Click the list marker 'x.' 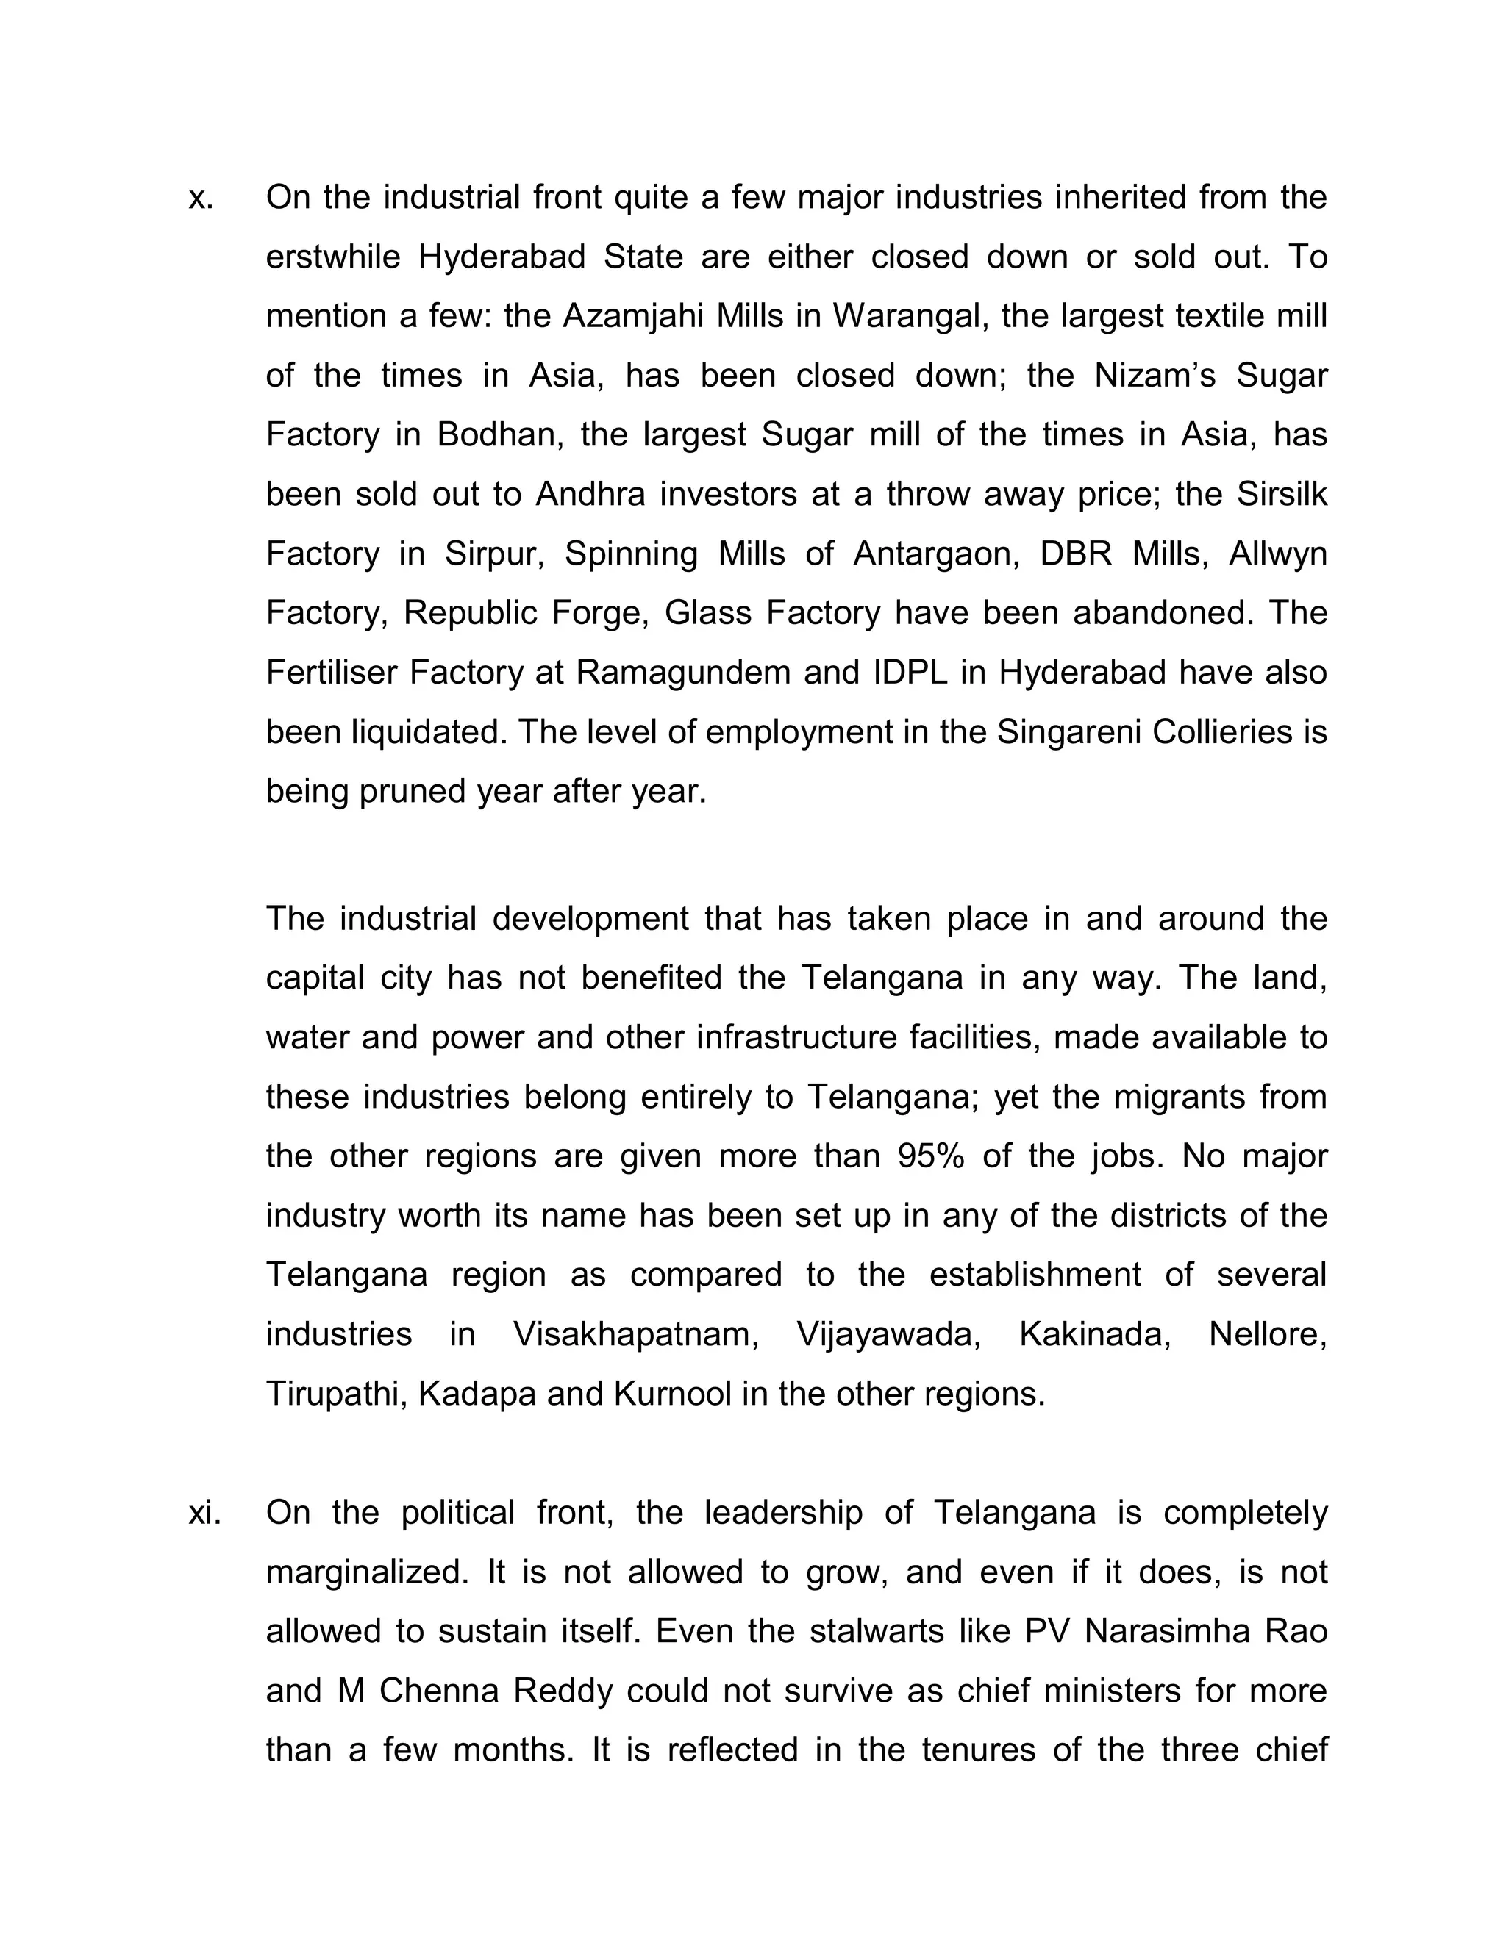(x=201, y=198)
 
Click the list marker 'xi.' (x=204, y=1513)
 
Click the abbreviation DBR (x=1075, y=554)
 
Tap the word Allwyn (x=1277, y=554)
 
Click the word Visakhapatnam (x=635, y=1335)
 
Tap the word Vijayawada (x=888, y=1335)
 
